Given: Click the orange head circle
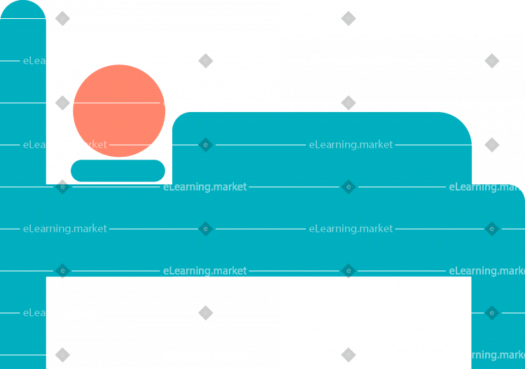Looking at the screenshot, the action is point(119,111).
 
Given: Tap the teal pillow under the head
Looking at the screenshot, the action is point(118,171).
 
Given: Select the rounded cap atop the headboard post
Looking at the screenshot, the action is point(23,9).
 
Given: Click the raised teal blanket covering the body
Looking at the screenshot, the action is point(322,148).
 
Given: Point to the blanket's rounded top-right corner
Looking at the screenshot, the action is point(461,123).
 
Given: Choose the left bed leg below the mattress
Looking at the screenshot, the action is point(23,323).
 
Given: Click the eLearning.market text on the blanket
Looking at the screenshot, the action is point(351,145).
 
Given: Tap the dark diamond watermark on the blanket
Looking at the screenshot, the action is point(206,145).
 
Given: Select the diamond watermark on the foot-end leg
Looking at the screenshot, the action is point(492,313).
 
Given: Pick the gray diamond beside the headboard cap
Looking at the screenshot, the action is point(62,18).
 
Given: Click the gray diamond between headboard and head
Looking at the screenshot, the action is point(62,103).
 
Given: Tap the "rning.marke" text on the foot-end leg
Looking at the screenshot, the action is point(498,354).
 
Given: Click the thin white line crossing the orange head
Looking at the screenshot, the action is point(116,103).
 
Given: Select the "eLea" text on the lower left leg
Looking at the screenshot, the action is point(34,313).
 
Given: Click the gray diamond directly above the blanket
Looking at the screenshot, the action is point(348,103).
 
